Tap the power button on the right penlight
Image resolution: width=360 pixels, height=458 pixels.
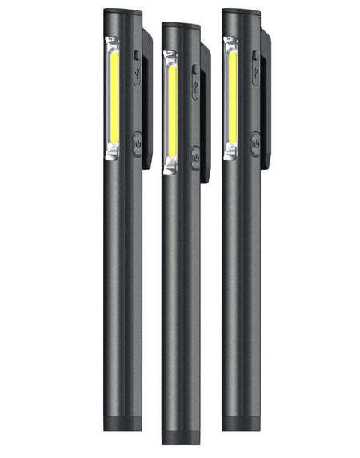pyautogui.click(x=254, y=143)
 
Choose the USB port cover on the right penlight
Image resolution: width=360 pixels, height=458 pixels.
pyautogui.click(x=254, y=68)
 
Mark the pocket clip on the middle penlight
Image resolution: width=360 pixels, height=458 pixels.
pyautogui.click(x=206, y=112)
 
